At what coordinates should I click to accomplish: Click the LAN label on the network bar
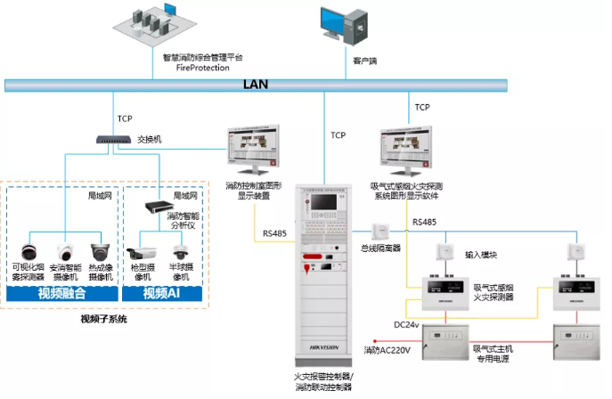click(x=257, y=85)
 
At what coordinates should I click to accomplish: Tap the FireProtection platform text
click(x=203, y=67)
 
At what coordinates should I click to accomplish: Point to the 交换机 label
click(x=151, y=139)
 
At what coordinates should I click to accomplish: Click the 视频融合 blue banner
click(x=62, y=292)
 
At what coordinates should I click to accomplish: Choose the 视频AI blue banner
click(x=163, y=292)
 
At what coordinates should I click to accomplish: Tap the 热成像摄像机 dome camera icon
click(x=101, y=251)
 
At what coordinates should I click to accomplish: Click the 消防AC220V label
click(x=387, y=350)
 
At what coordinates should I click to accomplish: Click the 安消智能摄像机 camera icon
click(x=66, y=251)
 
